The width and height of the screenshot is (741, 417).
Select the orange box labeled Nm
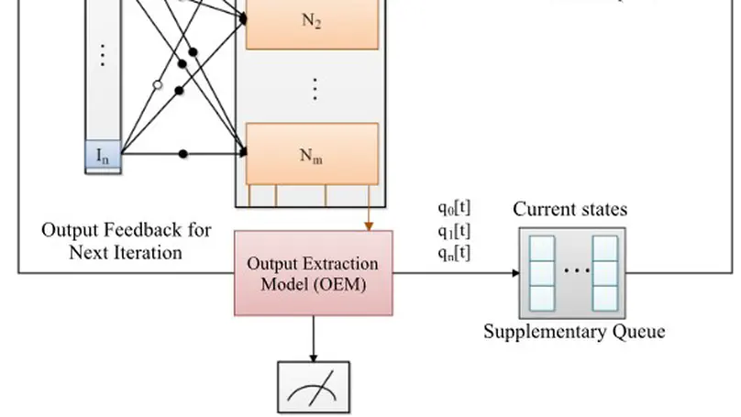[x=312, y=153]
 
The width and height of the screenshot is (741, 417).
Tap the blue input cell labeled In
[x=103, y=154]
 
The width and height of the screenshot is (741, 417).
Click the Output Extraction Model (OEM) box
[x=313, y=273]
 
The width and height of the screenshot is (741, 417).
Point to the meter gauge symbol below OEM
[x=313, y=389]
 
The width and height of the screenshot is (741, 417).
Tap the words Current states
[x=570, y=210]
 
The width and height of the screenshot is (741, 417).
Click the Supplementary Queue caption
[x=574, y=332]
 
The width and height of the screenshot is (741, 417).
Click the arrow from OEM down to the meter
[x=313, y=339]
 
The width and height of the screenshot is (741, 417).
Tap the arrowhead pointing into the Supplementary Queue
[x=514, y=272]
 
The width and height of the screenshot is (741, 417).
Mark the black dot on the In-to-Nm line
[x=183, y=154]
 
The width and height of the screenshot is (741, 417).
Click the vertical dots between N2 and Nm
[x=315, y=89]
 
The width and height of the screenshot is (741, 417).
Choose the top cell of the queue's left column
[x=543, y=248]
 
